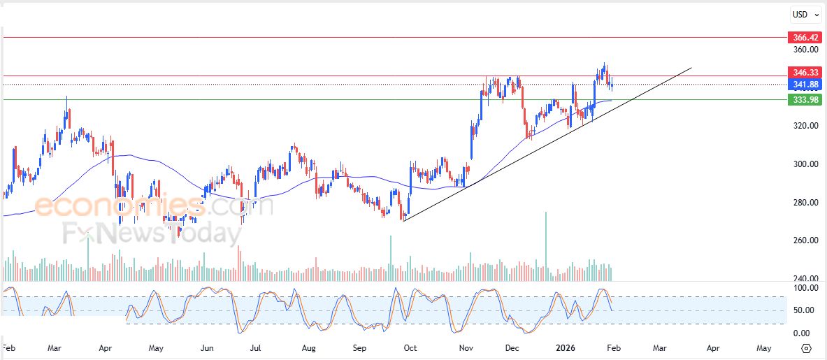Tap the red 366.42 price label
point(804,37)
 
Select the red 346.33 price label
point(804,72)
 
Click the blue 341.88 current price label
point(804,85)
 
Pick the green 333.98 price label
point(804,99)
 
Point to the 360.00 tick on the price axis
point(804,50)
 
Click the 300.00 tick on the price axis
point(804,164)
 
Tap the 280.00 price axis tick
point(804,203)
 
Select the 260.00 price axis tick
point(804,240)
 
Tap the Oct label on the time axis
point(410,347)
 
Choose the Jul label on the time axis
point(256,347)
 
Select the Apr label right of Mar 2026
point(712,347)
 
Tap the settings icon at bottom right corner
point(806,348)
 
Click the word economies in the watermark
point(119,206)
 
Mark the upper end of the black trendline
point(691,68)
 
